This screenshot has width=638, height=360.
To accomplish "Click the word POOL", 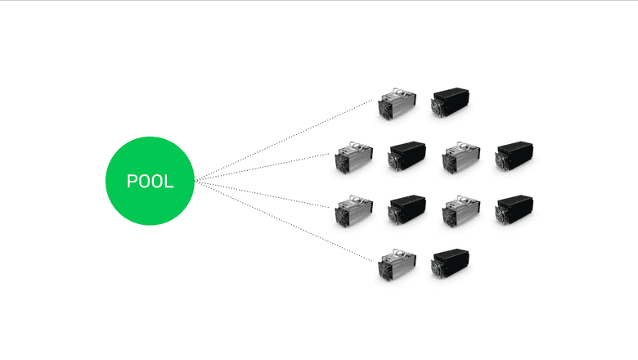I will [x=150, y=181].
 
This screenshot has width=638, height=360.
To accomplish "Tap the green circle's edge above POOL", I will [x=150, y=138].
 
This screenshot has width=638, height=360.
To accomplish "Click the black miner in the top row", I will [x=451, y=101].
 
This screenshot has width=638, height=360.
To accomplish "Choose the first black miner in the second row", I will [x=407, y=155].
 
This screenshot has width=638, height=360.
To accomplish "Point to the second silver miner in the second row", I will [x=461, y=158].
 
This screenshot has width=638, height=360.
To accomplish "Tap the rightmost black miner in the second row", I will [x=514, y=155].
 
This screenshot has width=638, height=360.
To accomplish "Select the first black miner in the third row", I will [x=407, y=209].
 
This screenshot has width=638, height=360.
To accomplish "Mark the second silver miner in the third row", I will [x=461, y=212].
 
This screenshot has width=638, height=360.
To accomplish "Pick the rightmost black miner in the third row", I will [x=514, y=209].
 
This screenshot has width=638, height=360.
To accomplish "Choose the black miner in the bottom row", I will [x=451, y=263].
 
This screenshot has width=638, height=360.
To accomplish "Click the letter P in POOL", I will [x=132, y=181].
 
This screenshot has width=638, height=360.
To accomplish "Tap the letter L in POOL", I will [x=168, y=181].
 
